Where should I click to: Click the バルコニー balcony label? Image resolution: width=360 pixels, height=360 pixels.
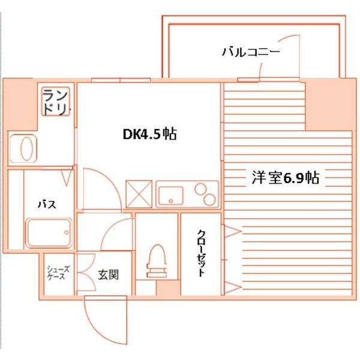pos(251,52)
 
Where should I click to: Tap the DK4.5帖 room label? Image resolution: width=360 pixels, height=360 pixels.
pos(150,134)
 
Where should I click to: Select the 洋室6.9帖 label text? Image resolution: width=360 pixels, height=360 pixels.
pos(286,178)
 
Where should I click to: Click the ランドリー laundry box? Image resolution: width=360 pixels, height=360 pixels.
pos(56,101)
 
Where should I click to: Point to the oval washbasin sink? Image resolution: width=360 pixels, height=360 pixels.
pos(26,149)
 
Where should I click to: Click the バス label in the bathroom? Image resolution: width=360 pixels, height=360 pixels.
pos(47,204)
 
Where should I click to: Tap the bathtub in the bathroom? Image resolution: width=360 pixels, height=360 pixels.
pos(49,233)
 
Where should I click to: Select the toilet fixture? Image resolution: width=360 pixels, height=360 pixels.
pos(157,261)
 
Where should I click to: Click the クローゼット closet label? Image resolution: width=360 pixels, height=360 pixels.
pos(201,253)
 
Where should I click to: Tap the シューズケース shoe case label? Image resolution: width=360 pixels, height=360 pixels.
pos(58,273)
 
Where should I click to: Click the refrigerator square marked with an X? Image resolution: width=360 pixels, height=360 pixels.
pos(139,194)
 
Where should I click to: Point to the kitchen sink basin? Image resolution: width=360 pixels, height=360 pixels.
pos(171,196)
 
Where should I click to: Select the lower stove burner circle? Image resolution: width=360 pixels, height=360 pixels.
pos(209,199)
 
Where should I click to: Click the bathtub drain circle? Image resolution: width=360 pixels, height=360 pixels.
pos(67,233)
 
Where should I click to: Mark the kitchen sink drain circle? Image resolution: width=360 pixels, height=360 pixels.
pos(170,201)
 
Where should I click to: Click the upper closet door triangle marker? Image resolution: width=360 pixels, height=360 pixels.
pos(233,231)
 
